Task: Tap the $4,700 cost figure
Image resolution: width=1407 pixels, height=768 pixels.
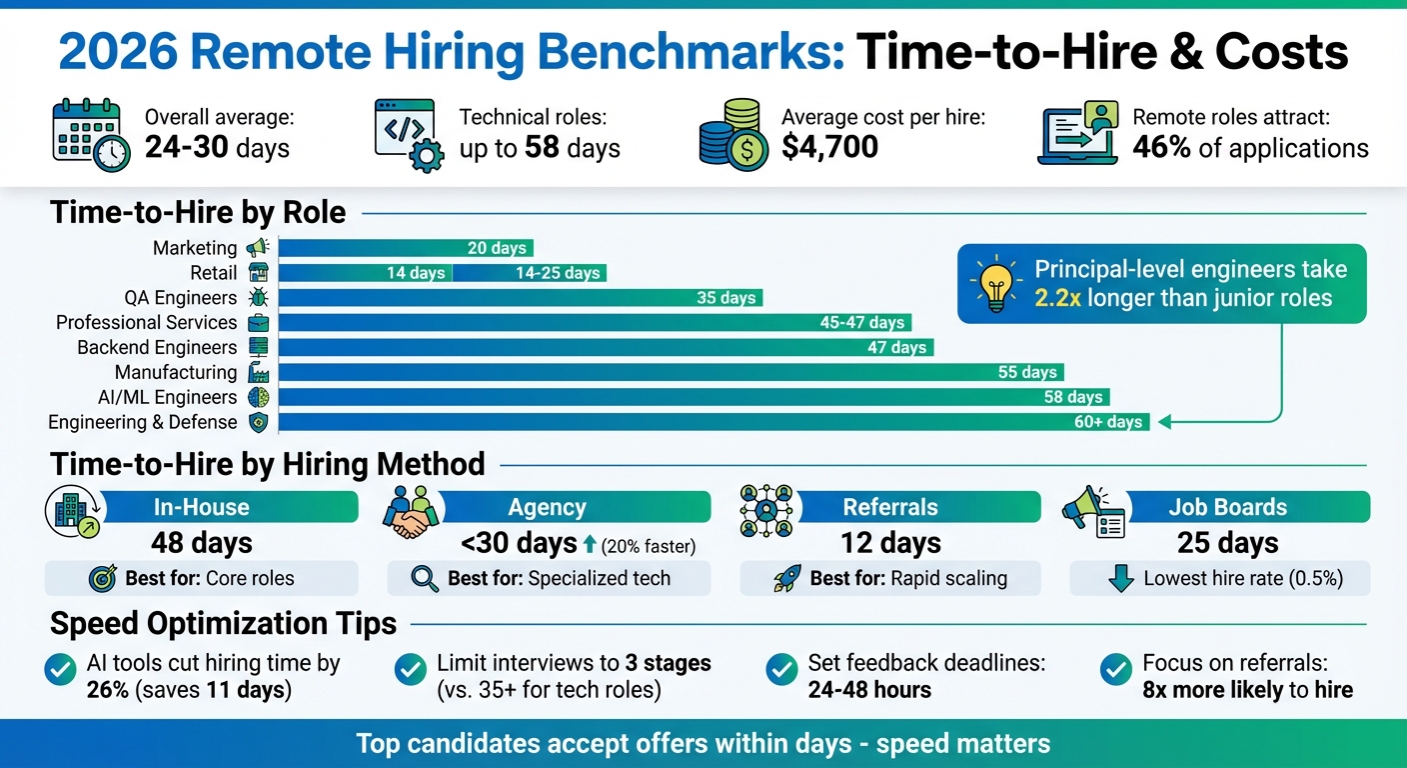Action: point(829,148)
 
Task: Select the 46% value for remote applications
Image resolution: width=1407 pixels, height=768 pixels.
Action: point(1161,148)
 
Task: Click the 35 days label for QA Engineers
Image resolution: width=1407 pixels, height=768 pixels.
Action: point(726,298)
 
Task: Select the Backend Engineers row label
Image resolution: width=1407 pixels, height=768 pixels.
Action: point(157,348)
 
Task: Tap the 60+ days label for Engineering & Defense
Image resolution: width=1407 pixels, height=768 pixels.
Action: point(1108,422)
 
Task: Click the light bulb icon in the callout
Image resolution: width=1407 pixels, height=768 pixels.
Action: point(995,283)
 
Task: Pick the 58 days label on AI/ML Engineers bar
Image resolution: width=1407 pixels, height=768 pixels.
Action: point(1073,397)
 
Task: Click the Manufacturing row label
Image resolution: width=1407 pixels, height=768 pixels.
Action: point(176,373)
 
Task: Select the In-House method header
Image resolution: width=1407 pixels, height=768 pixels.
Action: point(201,507)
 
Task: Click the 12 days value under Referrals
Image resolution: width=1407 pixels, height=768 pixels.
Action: point(890,543)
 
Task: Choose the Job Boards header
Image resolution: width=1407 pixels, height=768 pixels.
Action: point(1228,507)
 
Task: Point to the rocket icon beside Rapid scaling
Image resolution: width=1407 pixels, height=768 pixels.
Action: point(787,578)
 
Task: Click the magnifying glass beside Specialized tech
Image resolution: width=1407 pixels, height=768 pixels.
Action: point(424,578)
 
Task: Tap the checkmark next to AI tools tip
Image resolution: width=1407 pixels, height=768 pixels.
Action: point(62,670)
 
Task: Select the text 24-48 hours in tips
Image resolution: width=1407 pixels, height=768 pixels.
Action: point(869,689)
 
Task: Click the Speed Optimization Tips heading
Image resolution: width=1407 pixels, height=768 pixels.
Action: point(223,624)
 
